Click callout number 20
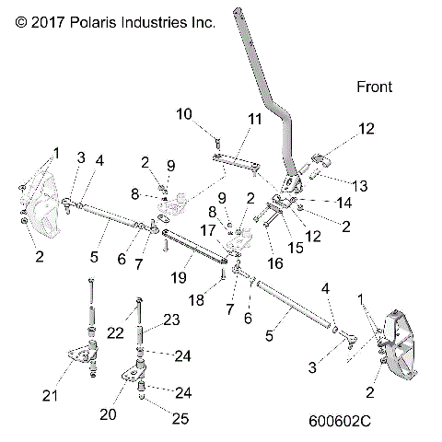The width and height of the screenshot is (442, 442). point(109,414)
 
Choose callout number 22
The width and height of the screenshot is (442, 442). point(116,331)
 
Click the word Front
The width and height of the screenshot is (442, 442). point(374,87)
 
